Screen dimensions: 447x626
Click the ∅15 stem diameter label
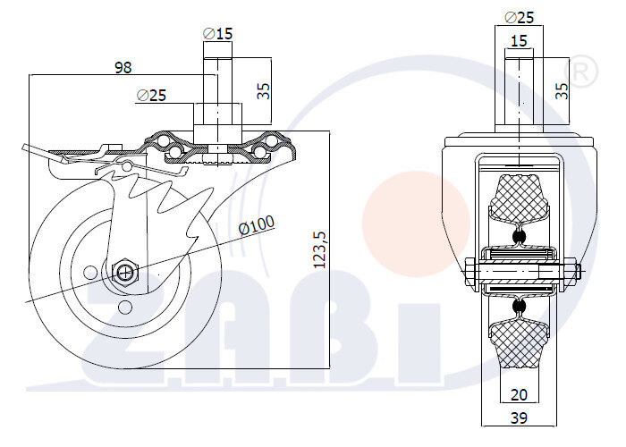218,33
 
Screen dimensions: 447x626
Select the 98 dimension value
123,67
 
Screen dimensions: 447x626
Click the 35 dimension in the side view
263,90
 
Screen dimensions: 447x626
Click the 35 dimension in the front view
562,90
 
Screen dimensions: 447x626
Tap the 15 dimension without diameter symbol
518,41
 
